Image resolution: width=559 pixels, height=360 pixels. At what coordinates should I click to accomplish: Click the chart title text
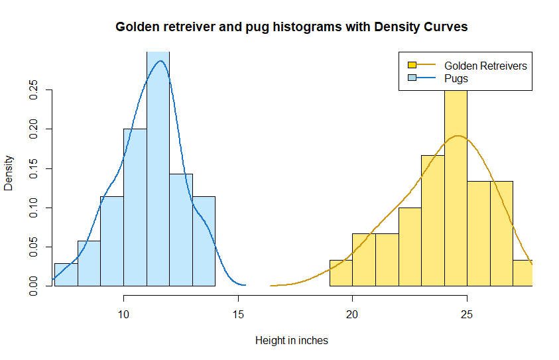(292, 27)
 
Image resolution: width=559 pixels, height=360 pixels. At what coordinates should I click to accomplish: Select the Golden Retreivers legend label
(485, 66)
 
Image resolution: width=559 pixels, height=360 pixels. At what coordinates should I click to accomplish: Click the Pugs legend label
(456, 78)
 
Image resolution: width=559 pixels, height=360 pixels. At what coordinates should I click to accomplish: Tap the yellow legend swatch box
(412, 66)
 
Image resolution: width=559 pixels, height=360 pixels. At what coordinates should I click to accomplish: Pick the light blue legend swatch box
(412, 78)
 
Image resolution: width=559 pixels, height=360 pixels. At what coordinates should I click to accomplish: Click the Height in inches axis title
(292, 341)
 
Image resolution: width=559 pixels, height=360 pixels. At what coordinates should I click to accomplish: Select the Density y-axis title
(9, 173)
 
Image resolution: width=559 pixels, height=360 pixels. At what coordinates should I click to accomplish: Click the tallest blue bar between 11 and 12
(158, 172)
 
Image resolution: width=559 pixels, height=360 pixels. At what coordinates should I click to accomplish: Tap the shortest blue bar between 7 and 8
(66, 274)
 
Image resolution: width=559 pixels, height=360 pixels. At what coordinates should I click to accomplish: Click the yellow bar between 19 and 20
(341, 273)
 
